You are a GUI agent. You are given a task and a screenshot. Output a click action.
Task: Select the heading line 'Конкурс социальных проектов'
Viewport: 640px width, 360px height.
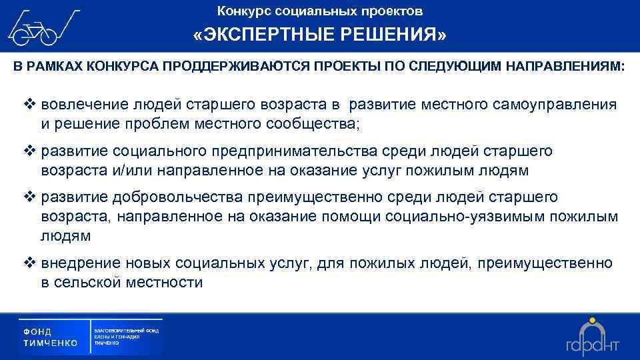point(320,11)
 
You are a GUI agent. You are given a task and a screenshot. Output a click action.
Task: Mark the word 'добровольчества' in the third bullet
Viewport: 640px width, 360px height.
point(189,197)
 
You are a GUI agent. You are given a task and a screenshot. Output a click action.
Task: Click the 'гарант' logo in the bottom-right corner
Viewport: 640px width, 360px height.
point(593,337)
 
